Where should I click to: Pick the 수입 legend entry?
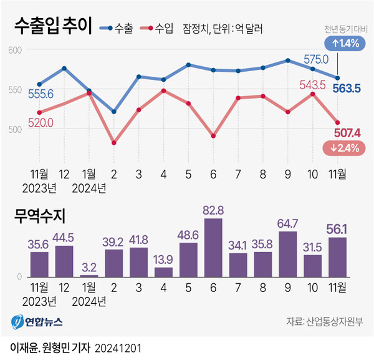(x=158, y=28)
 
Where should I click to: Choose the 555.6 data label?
(x=41, y=93)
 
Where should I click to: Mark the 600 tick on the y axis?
(x=15, y=51)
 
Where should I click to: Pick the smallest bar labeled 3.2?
(x=89, y=275)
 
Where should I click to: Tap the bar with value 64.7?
(x=287, y=254)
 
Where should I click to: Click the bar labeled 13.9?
(x=163, y=271)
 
